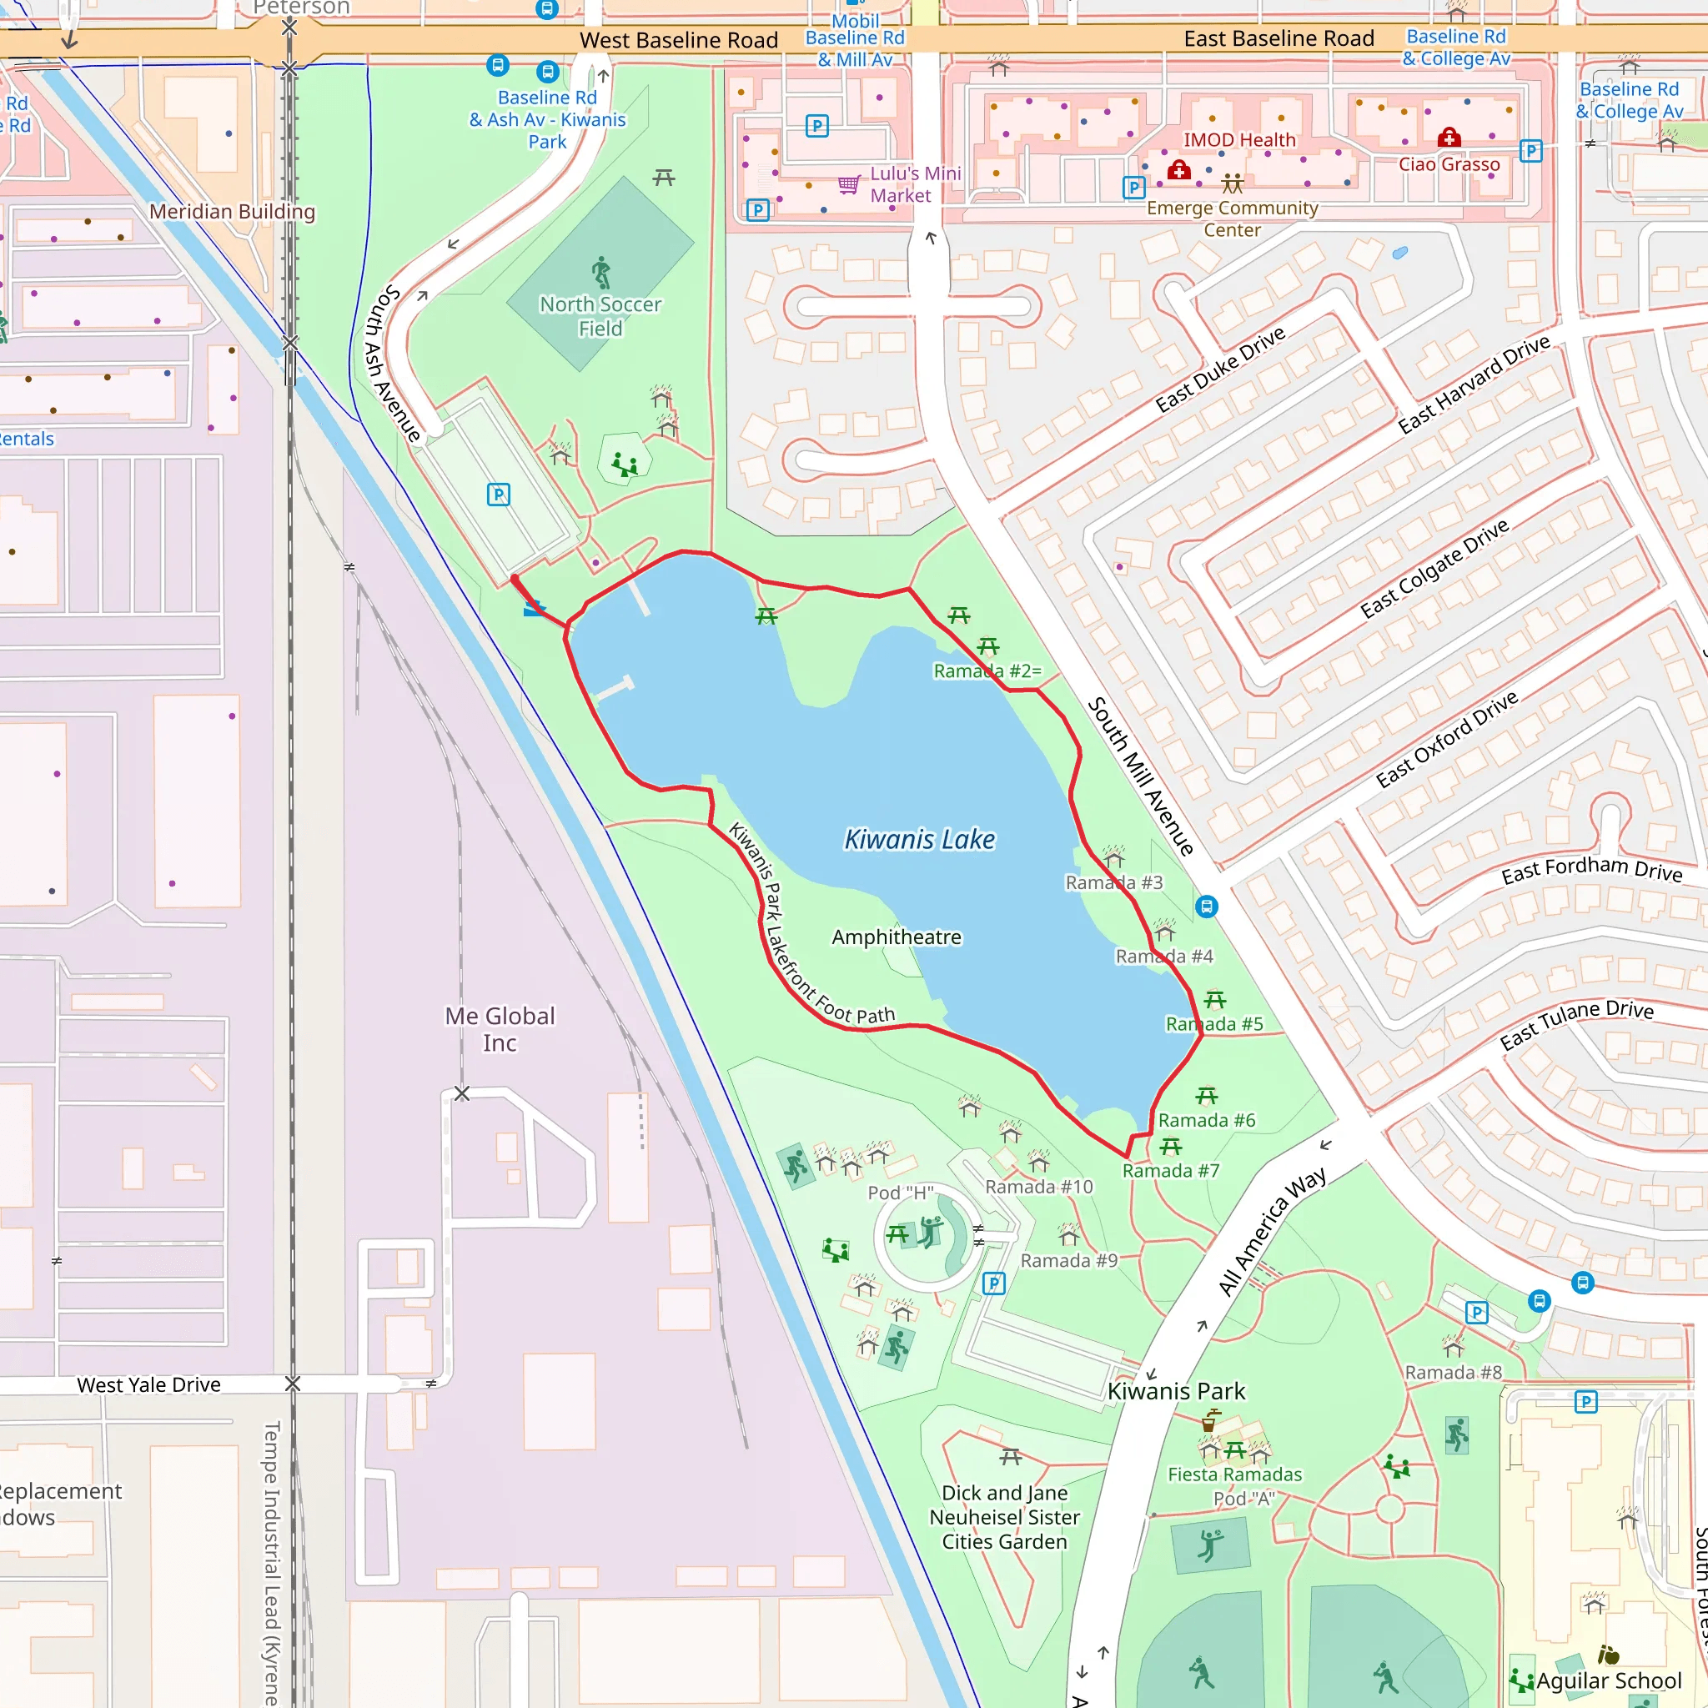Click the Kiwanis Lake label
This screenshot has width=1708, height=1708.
(x=919, y=839)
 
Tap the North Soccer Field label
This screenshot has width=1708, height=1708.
(x=600, y=315)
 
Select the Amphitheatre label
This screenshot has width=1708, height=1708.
(x=897, y=937)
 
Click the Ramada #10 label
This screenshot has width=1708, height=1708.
(x=1039, y=1187)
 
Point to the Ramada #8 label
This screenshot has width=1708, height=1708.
(x=1454, y=1372)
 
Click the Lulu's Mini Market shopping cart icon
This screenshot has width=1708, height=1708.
(x=849, y=183)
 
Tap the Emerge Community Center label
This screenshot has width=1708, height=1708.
(x=1233, y=219)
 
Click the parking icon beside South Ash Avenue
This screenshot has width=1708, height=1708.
(x=499, y=495)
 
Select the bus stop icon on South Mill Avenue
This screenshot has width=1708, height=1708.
(x=1206, y=907)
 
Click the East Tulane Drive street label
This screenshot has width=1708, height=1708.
(x=1576, y=1024)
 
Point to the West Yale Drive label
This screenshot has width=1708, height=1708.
(x=148, y=1384)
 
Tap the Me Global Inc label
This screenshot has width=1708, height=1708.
(x=500, y=1029)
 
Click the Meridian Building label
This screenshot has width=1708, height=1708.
(x=232, y=211)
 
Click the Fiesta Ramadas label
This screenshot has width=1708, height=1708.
(x=1234, y=1474)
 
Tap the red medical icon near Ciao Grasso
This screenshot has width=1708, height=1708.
(x=1448, y=137)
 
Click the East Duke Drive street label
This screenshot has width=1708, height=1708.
(x=1220, y=369)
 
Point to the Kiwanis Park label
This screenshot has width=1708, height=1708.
(x=1176, y=1390)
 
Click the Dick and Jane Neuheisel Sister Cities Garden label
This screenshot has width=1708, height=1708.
(x=1004, y=1516)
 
